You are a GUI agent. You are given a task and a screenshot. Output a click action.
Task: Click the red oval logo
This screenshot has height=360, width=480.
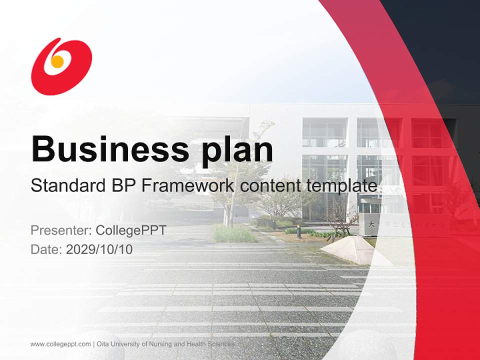61,66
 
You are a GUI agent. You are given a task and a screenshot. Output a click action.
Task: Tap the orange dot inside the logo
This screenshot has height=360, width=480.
57,61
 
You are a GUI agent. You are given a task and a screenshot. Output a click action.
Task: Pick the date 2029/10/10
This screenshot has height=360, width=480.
99,249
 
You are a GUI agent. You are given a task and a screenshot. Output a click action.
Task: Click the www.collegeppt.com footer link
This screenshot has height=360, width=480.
60,344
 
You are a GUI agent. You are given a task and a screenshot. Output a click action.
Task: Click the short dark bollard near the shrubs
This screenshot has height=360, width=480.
298,231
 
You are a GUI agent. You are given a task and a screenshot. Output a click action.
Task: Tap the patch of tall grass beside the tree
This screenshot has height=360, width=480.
233,233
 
